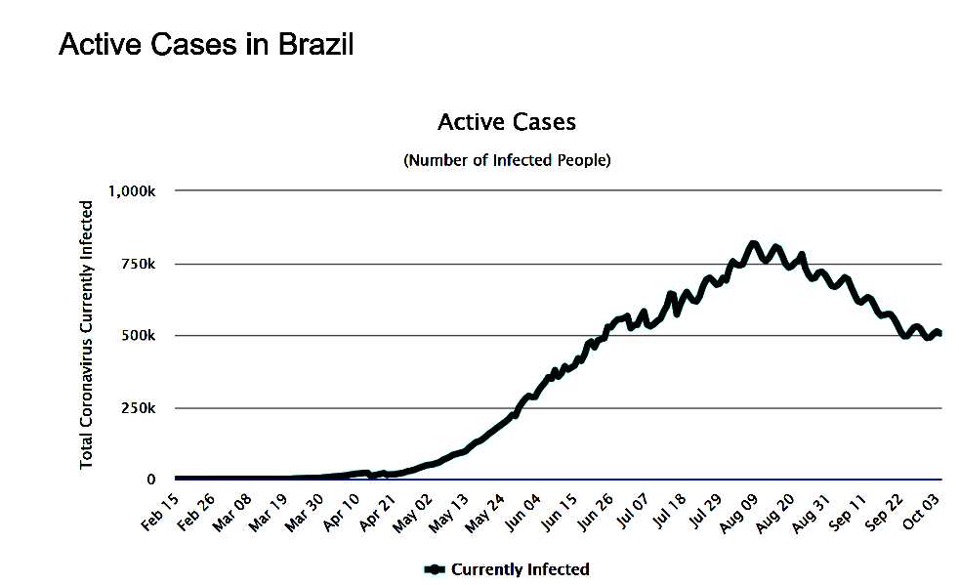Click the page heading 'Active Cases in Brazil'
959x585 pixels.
point(205,44)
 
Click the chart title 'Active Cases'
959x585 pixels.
point(506,122)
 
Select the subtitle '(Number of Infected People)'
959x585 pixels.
point(506,160)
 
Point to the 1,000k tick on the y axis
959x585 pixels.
point(131,190)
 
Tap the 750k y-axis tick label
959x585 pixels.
point(139,264)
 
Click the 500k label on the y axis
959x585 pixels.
point(139,336)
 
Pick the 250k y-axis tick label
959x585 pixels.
point(139,408)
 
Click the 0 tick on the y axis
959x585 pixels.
point(151,480)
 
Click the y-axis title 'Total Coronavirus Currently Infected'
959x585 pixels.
point(87,334)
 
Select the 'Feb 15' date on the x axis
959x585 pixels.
point(160,510)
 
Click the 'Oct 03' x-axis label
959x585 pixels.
point(926,510)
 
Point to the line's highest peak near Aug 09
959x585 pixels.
point(753,244)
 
